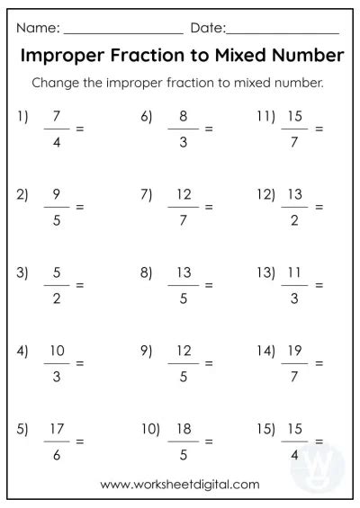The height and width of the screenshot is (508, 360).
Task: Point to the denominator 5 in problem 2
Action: coord(58,219)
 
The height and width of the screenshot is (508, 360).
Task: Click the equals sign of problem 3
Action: coord(79,286)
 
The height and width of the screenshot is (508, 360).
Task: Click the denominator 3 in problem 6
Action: coord(183,141)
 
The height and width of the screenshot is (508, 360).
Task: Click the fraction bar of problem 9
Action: coord(183,363)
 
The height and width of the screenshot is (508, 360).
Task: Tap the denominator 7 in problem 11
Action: coord(295,141)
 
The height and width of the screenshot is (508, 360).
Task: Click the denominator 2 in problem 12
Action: coord(295,219)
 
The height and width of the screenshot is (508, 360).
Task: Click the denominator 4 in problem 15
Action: coord(295,454)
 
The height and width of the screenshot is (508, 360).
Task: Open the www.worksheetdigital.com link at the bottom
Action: coord(180,485)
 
